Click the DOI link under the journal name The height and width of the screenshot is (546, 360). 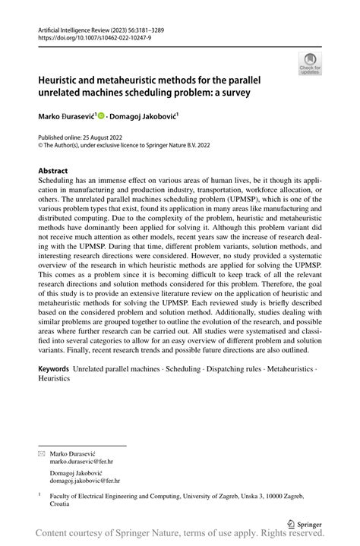pos(88,36)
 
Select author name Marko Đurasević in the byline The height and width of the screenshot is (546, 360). pos(65,118)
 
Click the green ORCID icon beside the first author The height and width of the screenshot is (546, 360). pos(99,118)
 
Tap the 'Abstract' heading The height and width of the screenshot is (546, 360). pos(53,172)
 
